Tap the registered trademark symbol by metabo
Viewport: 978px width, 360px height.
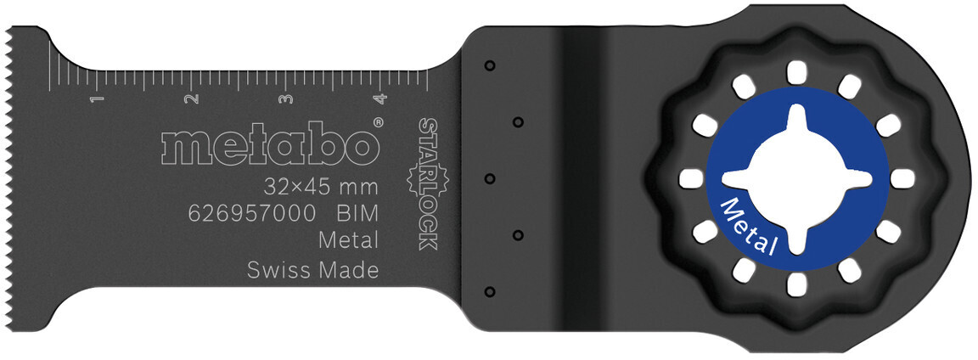[378, 124]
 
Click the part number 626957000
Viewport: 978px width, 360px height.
[251, 213]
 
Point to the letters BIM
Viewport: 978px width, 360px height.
[357, 213]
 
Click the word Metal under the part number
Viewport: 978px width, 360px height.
[348, 241]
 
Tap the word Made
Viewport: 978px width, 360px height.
[346, 271]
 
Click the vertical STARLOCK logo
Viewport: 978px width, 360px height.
[427, 183]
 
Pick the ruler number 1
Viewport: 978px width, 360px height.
[94, 100]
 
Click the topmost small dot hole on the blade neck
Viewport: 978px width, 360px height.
[489, 65]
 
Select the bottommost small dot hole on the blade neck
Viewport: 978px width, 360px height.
[489, 292]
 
